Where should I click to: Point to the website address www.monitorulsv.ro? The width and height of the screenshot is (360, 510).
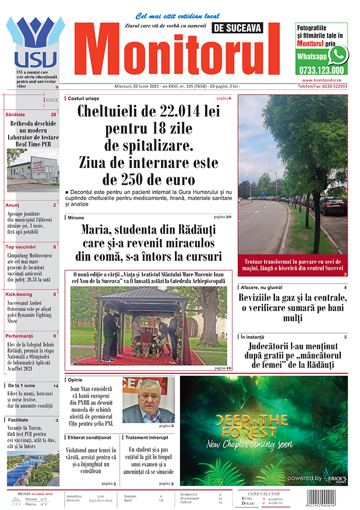tap(325, 80)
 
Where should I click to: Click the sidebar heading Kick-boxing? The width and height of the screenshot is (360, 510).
tap(19, 294)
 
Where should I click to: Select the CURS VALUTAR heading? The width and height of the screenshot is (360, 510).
tap(264, 494)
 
